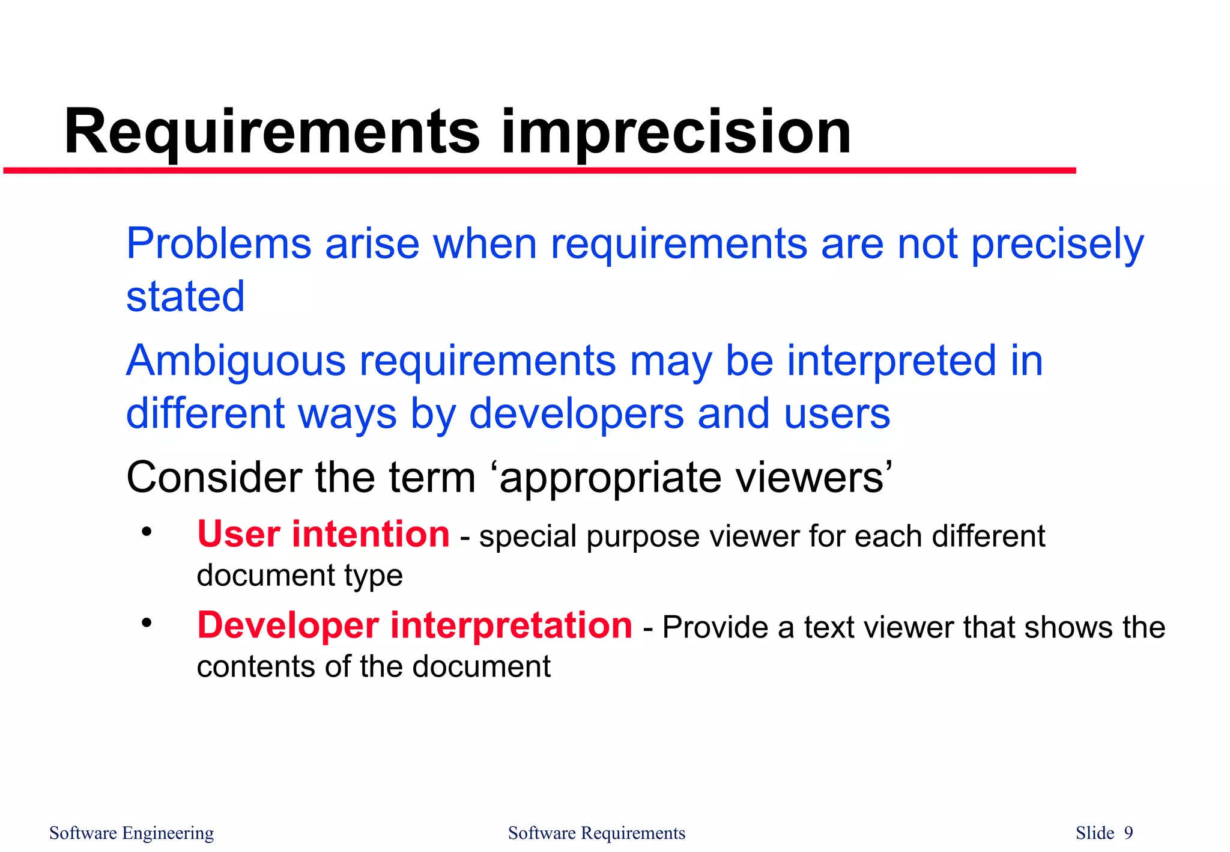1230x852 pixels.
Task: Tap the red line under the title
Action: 541,171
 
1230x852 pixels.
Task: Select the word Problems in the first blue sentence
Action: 219,244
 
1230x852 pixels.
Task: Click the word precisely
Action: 1057,245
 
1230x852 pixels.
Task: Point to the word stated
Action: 185,297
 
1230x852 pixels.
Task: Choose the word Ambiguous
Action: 235,361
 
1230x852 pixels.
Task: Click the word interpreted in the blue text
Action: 891,361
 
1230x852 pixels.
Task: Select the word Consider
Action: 214,478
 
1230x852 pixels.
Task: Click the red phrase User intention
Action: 323,534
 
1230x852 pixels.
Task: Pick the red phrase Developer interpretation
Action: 414,625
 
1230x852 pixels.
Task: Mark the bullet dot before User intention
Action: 147,532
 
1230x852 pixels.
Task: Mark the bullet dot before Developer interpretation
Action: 147,623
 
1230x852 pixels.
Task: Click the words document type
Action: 299,576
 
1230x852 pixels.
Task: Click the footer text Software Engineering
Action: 132,833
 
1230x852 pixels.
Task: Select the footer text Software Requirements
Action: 596,833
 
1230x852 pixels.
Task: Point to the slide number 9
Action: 1129,833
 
